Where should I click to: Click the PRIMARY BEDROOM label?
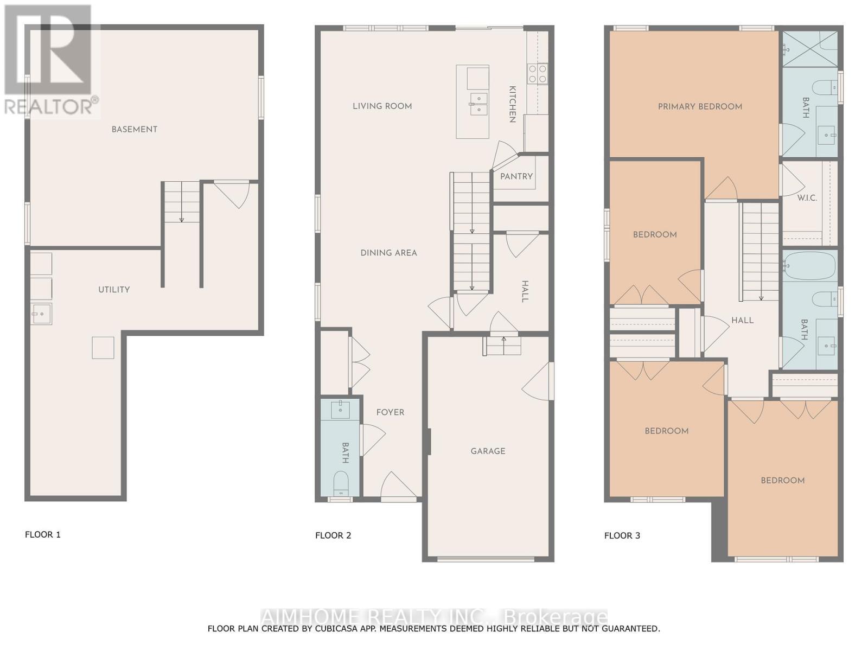point(700,107)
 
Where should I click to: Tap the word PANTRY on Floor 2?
point(516,176)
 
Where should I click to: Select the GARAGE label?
point(488,451)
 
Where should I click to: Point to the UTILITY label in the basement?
point(114,290)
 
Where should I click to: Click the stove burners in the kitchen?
point(538,74)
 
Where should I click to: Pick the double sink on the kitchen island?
point(478,104)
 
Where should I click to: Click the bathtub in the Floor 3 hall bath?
point(810,266)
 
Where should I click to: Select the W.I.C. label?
point(807,198)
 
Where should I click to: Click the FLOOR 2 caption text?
point(333,535)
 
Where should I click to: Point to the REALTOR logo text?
point(52,106)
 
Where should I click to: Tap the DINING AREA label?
point(388,253)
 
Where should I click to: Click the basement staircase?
point(182,202)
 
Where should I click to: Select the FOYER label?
point(390,412)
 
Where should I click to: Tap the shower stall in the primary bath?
point(810,49)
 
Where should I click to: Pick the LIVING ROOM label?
point(382,106)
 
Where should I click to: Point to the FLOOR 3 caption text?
point(622,535)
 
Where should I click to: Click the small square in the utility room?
point(103,348)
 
